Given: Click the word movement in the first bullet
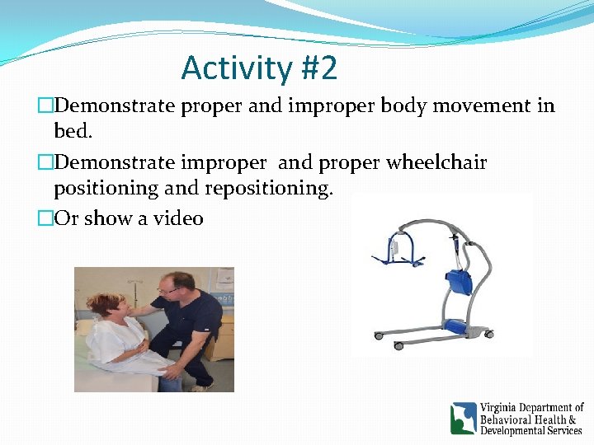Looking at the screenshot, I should tap(483, 106).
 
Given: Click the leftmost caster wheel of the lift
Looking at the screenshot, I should tap(378, 335).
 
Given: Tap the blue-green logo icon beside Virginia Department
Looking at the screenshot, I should tap(463, 418).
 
